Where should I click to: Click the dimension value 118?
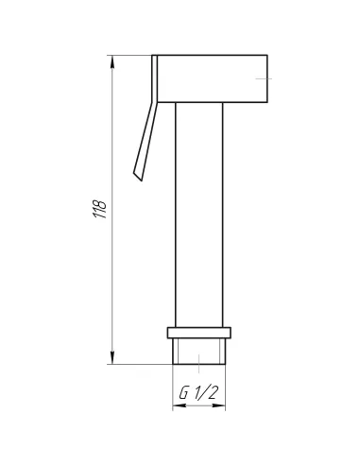click(100, 209)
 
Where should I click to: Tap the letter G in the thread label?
click(183, 393)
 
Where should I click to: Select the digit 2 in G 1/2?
click(212, 393)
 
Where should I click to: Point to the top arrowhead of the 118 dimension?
click(112, 62)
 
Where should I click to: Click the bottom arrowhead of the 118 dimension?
click(112, 357)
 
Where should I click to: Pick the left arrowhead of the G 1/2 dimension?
click(180, 405)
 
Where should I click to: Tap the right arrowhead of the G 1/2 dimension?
click(218, 405)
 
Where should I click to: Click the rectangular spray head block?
click(213, 78)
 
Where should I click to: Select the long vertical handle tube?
click(199, 215)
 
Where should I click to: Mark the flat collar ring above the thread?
click(199, 333)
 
